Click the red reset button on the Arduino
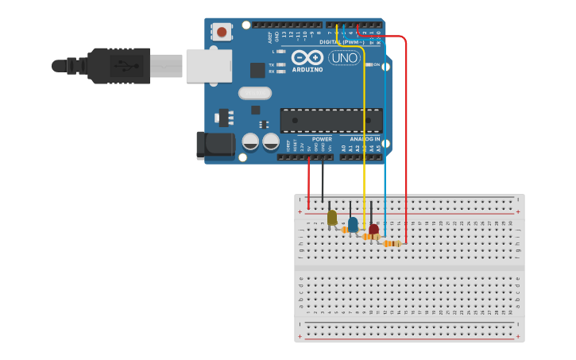tap(222, 32)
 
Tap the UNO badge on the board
tap(344, 58)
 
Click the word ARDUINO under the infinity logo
tap(307, 69)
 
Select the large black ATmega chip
tap(331, 120)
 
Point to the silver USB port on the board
tap(209, 66)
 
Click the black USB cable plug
tap(118, 65)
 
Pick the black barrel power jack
tap(215, 145)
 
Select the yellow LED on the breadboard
tap(332, 218)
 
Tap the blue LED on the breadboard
tap(353, 225)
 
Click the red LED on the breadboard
tap(373, 230)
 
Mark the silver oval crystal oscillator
tap(254, 93)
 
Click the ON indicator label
tap(377, 64)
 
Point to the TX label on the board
tap(272, 64)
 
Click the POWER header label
tap(322, 139)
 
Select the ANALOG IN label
tap(365, 139)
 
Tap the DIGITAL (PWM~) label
tap(342, 41)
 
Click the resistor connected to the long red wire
tap(392, 244)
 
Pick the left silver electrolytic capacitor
tap(250, 141)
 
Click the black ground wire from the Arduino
tap(323, 179)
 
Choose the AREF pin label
tap(270, 37)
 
